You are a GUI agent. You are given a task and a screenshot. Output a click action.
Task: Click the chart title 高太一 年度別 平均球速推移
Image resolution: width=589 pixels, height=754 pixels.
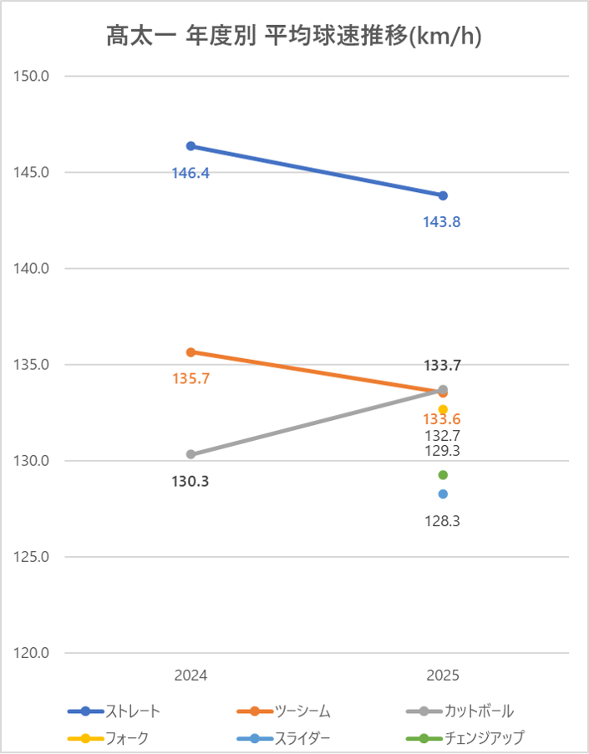[x=294, y=36]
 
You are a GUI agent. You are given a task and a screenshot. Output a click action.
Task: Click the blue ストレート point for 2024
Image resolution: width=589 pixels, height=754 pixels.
[x=190, y=146]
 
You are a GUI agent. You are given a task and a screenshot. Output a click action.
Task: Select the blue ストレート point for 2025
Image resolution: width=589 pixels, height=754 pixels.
[x=443, y=195]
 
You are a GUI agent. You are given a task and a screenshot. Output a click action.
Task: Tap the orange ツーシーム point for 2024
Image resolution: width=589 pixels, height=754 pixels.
[x=190, y=352]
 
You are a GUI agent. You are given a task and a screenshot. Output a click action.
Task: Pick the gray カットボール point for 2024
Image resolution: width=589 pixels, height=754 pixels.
[x=190, y=454]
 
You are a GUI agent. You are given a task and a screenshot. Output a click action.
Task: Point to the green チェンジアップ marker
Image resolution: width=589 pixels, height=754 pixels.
[x=443, y=475]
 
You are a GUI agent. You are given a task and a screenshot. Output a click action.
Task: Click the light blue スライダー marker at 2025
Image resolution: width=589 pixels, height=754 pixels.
[x=443, y=493]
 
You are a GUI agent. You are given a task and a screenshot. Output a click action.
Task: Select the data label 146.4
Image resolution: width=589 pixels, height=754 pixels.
[x=190, y=173]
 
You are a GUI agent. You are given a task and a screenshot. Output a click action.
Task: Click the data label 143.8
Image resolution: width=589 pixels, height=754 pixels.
[x=443, y=222]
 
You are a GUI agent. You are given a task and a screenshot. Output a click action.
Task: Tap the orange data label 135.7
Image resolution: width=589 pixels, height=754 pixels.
[x=190, y=378]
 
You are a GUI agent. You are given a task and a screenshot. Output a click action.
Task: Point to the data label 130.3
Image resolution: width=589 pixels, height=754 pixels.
[x=190, y=481]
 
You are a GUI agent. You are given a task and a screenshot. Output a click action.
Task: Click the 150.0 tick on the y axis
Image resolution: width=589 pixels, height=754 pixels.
[x=33, y=76]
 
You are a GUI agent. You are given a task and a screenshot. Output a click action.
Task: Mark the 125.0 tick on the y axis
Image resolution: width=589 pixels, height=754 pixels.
[x=33, y=557]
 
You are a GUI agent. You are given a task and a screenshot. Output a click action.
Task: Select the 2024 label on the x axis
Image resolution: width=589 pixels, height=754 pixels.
[x=190, y=675]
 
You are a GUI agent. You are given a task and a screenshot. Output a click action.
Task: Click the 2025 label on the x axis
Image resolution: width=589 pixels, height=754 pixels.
[x=443, y=675]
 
